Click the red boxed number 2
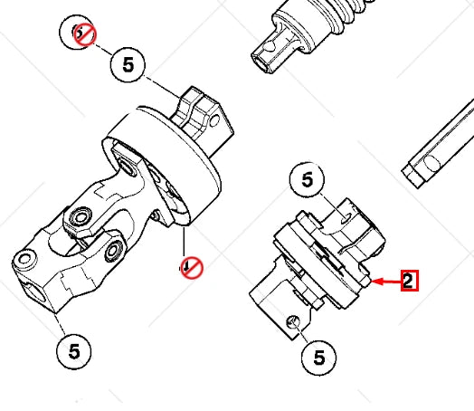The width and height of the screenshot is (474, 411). coord(409,282)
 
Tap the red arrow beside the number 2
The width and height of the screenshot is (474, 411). coord(386,282)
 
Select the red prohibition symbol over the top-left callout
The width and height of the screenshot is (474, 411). coord(85,35)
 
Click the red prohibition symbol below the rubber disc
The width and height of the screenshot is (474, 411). coord(191,267)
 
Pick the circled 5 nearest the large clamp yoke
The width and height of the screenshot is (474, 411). coord(128,65)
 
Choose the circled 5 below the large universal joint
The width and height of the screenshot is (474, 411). coord(72,351)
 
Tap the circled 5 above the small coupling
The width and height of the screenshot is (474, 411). coord(308,181)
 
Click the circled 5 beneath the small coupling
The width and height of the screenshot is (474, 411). coord(318,358)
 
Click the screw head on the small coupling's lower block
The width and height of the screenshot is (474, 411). coord(291,322)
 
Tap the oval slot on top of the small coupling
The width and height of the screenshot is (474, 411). coord(346,215)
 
